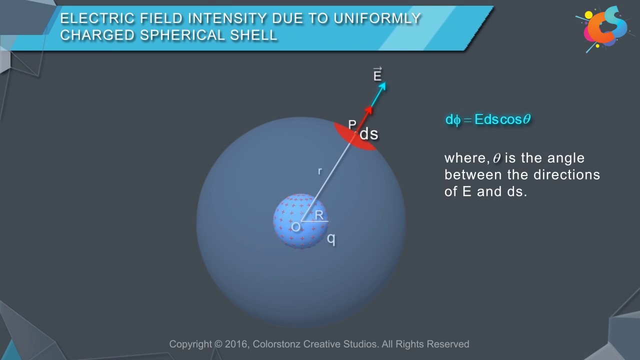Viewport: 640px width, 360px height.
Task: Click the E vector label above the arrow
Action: click(x=377, y=75)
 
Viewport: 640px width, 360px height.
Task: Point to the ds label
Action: click(x=369, y=134)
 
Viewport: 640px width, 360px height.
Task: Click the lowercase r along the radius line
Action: click(x=320, y=171)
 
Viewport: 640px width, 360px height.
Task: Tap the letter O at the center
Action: click(x=296, y=227)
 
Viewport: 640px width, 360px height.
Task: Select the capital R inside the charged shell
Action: click(x=319, y=215)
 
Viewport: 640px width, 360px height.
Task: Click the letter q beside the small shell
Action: click(x=331, y=239)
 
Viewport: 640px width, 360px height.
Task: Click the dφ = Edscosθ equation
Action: click(x=487, y=120)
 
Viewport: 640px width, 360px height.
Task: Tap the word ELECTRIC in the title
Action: click(x=88, y=19)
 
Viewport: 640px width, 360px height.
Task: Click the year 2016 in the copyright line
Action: click(x=236, y=344)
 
